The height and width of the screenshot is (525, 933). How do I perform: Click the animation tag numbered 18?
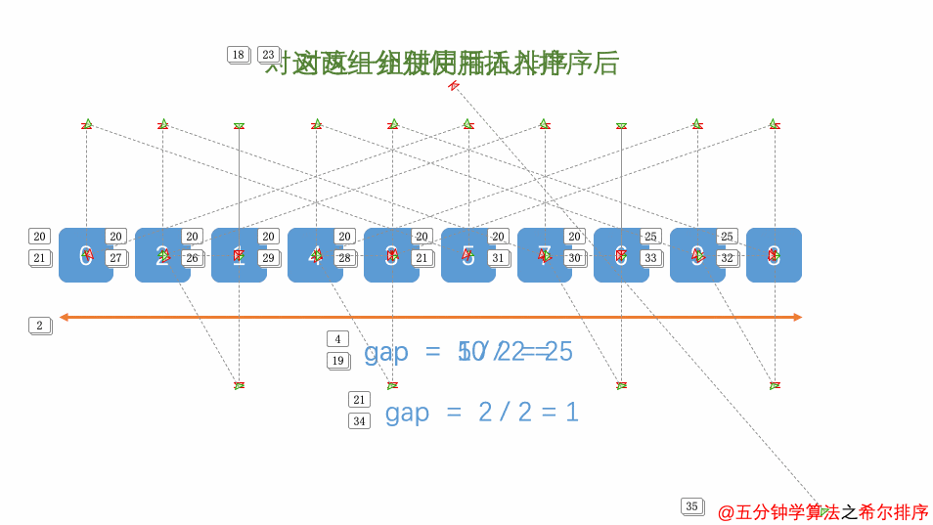tap(238, 55)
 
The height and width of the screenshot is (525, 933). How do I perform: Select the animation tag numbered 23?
tap(268, 55)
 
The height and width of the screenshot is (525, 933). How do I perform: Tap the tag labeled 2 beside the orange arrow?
tap(39, 326)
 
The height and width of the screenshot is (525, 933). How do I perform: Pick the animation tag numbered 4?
tap(337, 339)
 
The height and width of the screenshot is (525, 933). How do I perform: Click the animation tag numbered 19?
tap(337, 361)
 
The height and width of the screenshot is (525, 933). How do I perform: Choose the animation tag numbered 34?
tap(359, 421)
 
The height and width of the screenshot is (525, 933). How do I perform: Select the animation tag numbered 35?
tap(691, 506)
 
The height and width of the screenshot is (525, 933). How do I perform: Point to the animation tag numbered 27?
tap(115, 258)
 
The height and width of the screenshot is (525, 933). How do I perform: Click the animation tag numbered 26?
tap(192, 258)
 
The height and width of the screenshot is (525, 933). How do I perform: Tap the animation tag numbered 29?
tap(268, 258)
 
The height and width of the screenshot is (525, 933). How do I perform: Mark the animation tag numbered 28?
tap(344, 258)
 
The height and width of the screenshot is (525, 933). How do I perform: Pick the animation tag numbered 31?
tap(498, 258)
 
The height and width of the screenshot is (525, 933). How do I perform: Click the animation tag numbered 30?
tap(574, 258)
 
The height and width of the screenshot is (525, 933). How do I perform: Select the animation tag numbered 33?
tap(650, 258)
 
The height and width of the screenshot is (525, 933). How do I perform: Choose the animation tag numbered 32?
tap(727, 258)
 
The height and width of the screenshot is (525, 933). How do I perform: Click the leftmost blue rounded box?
tap(85, 255)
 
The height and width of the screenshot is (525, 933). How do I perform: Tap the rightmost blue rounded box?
tap(774, 255)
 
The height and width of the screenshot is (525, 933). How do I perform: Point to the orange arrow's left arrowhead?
tap(64, 317)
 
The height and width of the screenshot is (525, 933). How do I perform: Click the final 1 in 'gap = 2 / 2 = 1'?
tap(572, 413)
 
